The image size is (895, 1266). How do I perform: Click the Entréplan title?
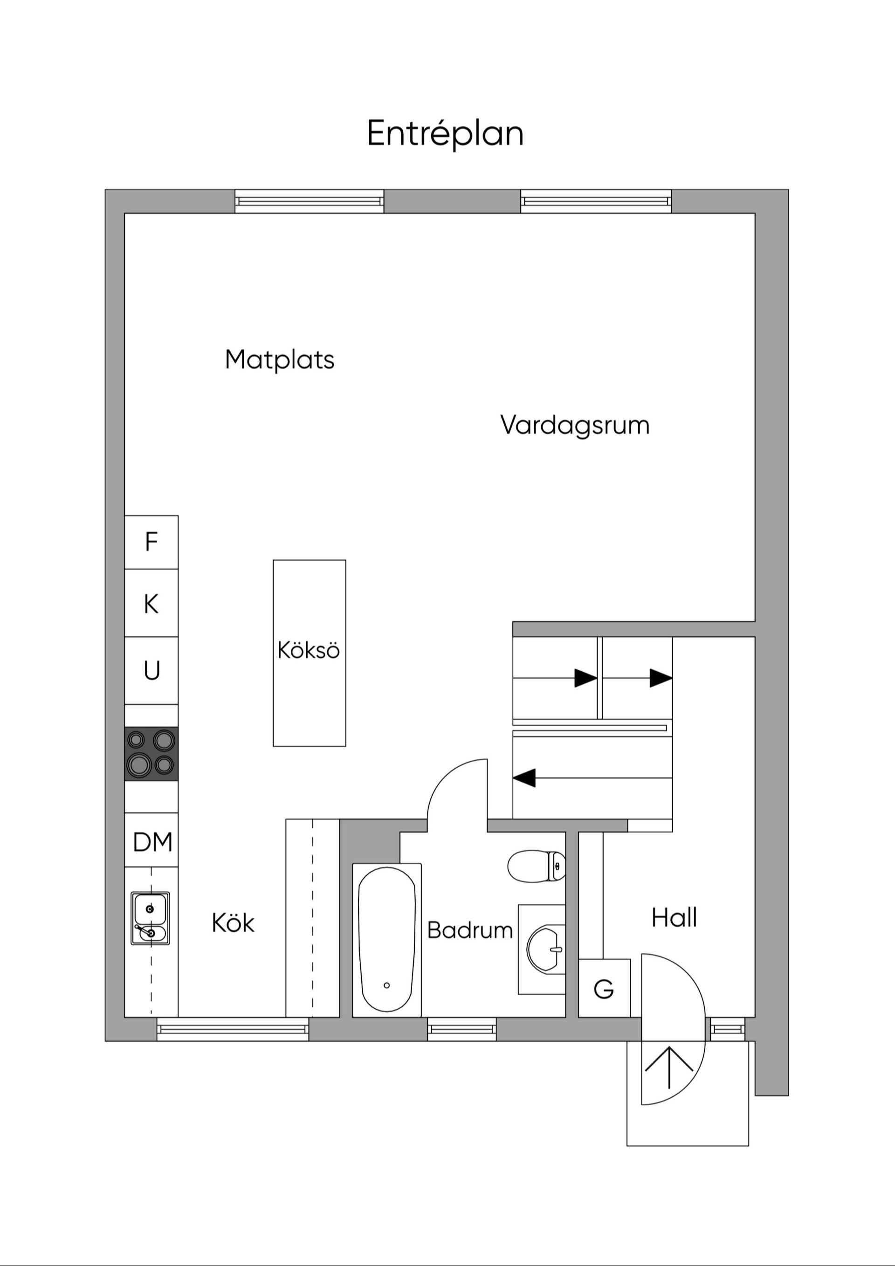click(445, 134)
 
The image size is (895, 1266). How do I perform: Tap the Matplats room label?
click(280, 360)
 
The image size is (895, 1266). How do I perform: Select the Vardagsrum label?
click(575, 426)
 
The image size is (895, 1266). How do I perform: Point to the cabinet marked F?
click(151, 542)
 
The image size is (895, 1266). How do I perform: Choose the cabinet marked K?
click(151, 604)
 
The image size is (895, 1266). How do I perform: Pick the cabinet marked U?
click(151, 670)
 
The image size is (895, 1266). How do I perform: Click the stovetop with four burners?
click(151, 754)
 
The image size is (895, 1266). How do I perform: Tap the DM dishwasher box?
click(151, 842)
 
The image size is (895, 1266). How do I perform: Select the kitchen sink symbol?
click(150, 918)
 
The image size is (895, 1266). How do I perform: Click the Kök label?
click(233, 923)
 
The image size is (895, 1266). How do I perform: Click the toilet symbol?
click(536, 866)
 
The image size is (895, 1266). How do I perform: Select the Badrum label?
click(470, 931)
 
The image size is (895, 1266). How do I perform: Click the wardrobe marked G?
click(604, 989)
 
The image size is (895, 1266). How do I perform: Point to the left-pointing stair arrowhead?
click(524, 778)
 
